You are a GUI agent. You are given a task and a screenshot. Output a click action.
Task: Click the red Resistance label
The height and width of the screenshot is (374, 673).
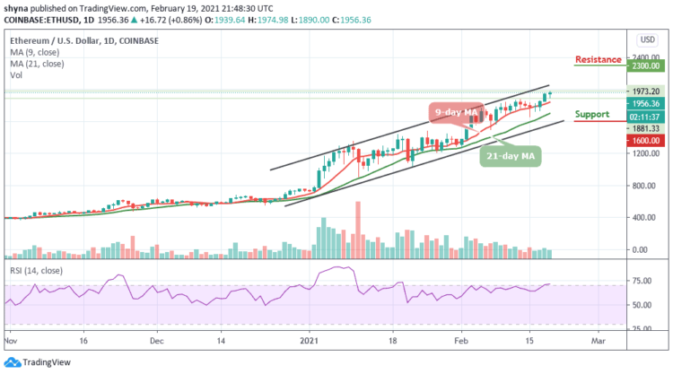[x=598, y=59]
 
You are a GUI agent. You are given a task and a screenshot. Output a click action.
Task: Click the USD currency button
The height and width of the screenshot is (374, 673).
[x=645, y=40]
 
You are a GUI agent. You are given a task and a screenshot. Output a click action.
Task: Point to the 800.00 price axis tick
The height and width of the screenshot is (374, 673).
[x=645, y=186]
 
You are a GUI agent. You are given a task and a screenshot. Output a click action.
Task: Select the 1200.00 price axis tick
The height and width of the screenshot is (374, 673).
[x=645, y=153]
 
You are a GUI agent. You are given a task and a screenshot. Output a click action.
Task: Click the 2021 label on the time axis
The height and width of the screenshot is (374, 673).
[x=310, y=342]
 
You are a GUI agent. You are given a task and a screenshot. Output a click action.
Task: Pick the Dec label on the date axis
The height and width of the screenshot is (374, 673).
[x=156, y=342]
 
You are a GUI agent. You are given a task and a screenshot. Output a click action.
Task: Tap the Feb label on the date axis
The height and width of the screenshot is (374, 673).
[x=459, y=342]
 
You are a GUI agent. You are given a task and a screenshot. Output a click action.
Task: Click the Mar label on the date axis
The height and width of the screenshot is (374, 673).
[x=596, y=342]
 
